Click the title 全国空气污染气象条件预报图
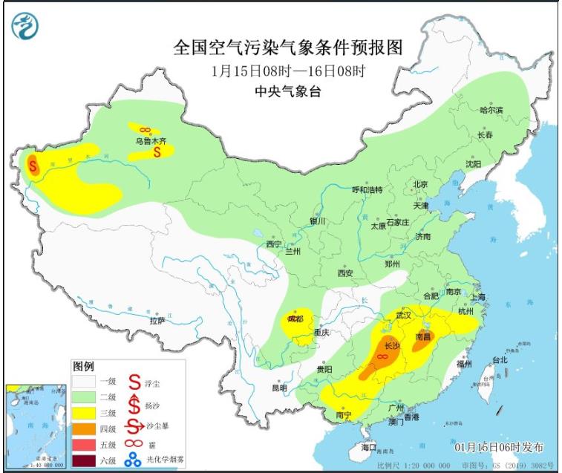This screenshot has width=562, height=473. coord(287,48)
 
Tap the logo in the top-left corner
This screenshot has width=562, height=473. coord(25,27)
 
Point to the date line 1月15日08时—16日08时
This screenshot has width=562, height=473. coord(287,71)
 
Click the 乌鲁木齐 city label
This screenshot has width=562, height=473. coord(151,139)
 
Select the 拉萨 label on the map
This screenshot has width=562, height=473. coord(157,321)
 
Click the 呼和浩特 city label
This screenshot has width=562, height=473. coord(366,190)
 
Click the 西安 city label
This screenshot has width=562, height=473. coord(345,273)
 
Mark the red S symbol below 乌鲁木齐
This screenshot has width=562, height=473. coord(157,152)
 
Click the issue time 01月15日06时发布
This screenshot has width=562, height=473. coord(498,448)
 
